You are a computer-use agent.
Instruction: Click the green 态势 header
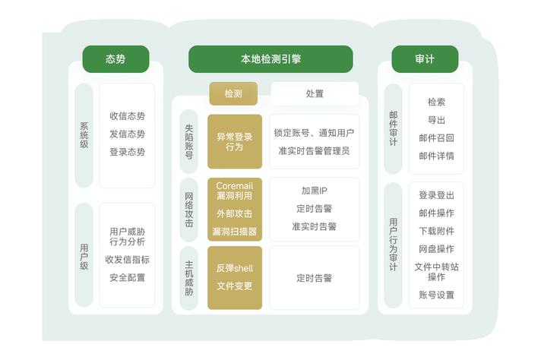pyautogui.click(x=115, y=59)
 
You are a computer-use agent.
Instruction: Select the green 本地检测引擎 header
pyautogui.click(x=270, y=59)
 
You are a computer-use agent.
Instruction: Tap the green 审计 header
pyautogui.click(x=425, y=59)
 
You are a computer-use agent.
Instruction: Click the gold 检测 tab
pyautogui.click(x=233, y=93)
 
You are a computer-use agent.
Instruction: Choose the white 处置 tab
pyautogui.click(x=315, y=93)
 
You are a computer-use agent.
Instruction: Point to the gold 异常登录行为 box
pyautogui.click(x=235, y=142)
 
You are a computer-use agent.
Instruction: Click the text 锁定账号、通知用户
pyautogui.click(x=314, y=133)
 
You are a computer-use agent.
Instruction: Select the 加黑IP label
pyautogui.click(x=314, y=191)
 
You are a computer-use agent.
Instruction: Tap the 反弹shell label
pyautogui.click(x=235, y=268)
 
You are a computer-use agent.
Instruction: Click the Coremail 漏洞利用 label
pyautogui.click(x=235, y=191)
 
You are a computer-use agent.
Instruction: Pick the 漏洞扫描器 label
pyautogui.click(x=235, y=232)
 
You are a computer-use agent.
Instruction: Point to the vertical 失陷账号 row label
pyautogui.click(x=188, y=142)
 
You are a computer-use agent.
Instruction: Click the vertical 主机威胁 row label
pyautogui.click(x=188, y=278)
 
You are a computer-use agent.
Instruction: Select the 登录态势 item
pyautogui.click(x=128, y=152)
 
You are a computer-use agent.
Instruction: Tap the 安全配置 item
pyautogui.click(x=128, y=277)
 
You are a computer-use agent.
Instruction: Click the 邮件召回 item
pyautogui.click(x=436, y=138)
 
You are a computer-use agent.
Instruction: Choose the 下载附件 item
pyautogui.click(x=436, y=231)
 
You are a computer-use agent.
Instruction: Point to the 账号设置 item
pyautogui.click(x=436, y=295)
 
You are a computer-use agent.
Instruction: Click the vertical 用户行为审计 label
pyautogui.click(x=394, y=245)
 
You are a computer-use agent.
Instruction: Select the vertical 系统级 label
pyautogui.click(x=84, y=135)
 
